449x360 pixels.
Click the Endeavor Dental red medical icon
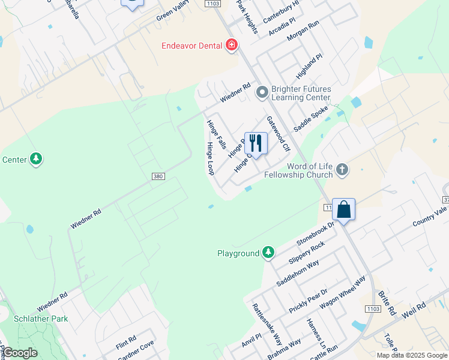pos(231,46)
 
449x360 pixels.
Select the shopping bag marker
pos(343,210)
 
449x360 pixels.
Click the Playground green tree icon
pos(269,253)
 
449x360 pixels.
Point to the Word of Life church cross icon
pos(342,170)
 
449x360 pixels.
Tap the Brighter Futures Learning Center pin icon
pos(262,92)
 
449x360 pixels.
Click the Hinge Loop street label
pos(210,158)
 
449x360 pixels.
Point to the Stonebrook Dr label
pos(314,233)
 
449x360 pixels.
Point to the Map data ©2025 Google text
pos(411,355)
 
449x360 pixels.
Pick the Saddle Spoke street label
pos(310,119)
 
